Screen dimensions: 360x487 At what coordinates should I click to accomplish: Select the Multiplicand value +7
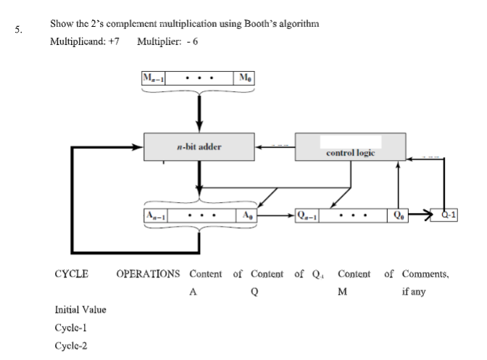point(113,40)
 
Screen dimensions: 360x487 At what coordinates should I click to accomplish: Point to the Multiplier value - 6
point(192,40)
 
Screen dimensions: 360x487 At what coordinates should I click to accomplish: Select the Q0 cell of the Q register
point(398,215)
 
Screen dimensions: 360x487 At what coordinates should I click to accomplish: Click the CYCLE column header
point(72,275)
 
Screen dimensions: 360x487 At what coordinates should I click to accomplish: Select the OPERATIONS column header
point(148,275)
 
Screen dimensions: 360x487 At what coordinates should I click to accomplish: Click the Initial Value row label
point(80,310)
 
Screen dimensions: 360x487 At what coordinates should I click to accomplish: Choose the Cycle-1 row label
point(70,327)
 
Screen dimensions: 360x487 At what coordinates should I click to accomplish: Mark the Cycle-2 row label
point(71,345)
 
